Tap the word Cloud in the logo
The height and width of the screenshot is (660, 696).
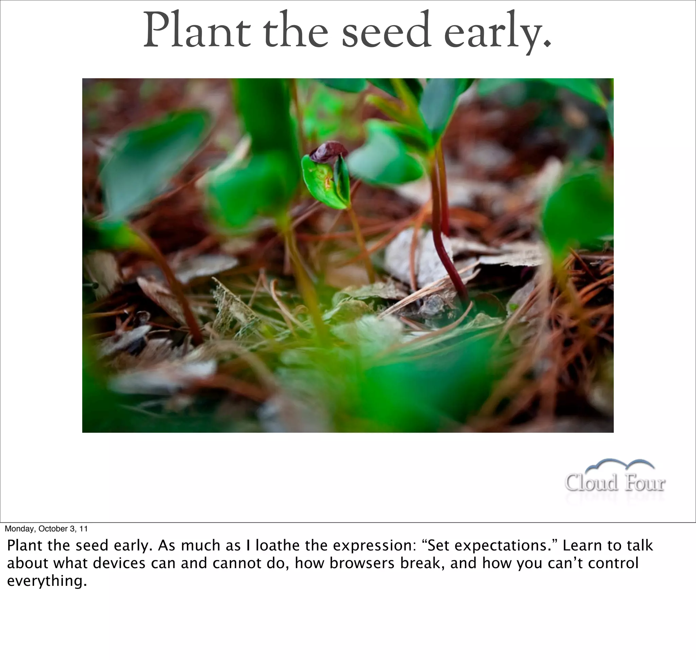pos(591,482)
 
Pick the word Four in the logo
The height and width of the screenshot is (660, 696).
pos(645,482)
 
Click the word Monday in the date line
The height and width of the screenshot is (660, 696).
pos(20,529)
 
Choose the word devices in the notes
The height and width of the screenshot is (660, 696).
pos(119,563)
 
